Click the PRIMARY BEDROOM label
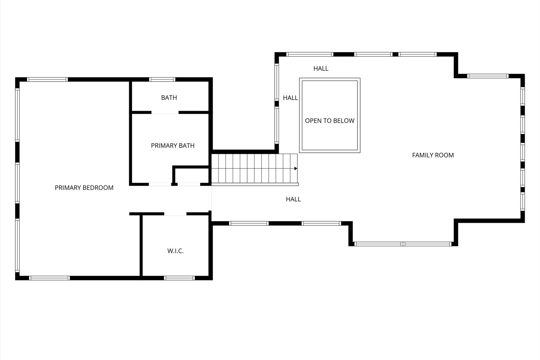pyautogui.click(x=84, y=188)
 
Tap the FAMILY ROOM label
pyautogui.click(x=433, y=155)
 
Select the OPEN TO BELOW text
pyautogui.click(x=330, y=121)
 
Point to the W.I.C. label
pyautogui.click(x=175, y=251)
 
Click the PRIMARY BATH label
pyautogui.click(x=172, y=145)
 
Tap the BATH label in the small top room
pyautogui.click(x=169, y=97)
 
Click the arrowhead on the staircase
pyautogui.click(x=296, y=169)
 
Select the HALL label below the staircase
pyautogui.click(x=293, y=199)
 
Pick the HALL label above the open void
pyautogui.click(x=321, y=68)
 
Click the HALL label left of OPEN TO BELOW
pyautogui.click(x=290, y=98)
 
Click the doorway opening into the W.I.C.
pyautogui.click(x=175, y=214)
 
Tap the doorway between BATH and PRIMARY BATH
pyautogui.click(x=165, y=112)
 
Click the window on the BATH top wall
pyautogui.click(x=162, y=79)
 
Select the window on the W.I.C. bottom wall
pyautogui.click(x=179, y=278)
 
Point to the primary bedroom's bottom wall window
pyautogui.click(x=49, y=278)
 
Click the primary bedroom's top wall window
pyautogui.click(x=47, y=79)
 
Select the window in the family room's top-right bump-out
pyautogui.click(x=488, y=76)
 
